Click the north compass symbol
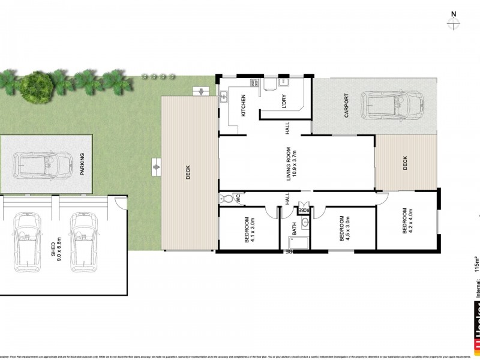tap(454, 23)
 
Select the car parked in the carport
tap(394, 106)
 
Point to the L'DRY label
tap(284, 102)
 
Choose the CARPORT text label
tap(346, 106)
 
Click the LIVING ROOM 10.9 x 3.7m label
tap(292, 163)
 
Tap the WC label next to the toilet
tap(237, 196)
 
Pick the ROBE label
tap(305, 210)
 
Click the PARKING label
tap(82, 163)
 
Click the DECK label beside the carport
tap(405, 162)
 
